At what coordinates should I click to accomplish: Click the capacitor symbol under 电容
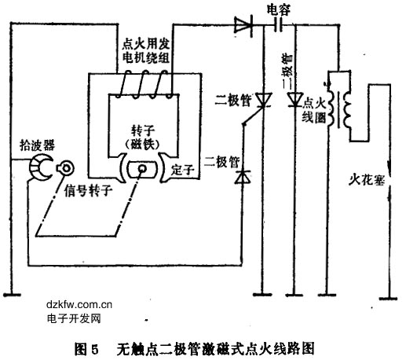pyautogui.click(x=279, y=25)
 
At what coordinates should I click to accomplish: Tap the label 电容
pyautogui.click(x=279, y=10)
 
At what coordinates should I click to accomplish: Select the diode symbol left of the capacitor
pyautogui.click(x=243, y=25)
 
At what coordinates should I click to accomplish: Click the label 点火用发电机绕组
pyautogui.click(x=146, y=51)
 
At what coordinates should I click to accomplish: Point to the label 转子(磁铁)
pyautogui.click(x=143, y=138)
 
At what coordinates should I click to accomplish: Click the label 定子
pyautogui.click(x=182, y=170)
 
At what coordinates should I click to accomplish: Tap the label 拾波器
pyautogui.click(x=37, y=145)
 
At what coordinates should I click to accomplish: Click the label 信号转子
pyautogui.click(x=88, y=190)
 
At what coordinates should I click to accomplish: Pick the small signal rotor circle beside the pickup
pyautogui.click(x=65, y=168)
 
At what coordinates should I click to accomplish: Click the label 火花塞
pyautogui.click(x=367, y=180)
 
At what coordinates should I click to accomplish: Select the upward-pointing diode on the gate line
pyautogui.click(x=243, y=177)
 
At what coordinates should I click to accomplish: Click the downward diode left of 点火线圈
pyautogui.click(x=295, y=100)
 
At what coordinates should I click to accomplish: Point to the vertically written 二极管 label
pyautogui.click(x=287, y=68)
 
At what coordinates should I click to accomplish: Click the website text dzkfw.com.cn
pyautogui.click(x=79, y=304)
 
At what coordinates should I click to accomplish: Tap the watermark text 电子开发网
pyautogui.click(x=74, y=318)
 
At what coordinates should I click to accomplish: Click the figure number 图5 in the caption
pyautogui.click(x=86, y=349)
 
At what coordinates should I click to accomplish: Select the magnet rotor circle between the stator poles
pyautogui.click(x=142, y=168)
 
